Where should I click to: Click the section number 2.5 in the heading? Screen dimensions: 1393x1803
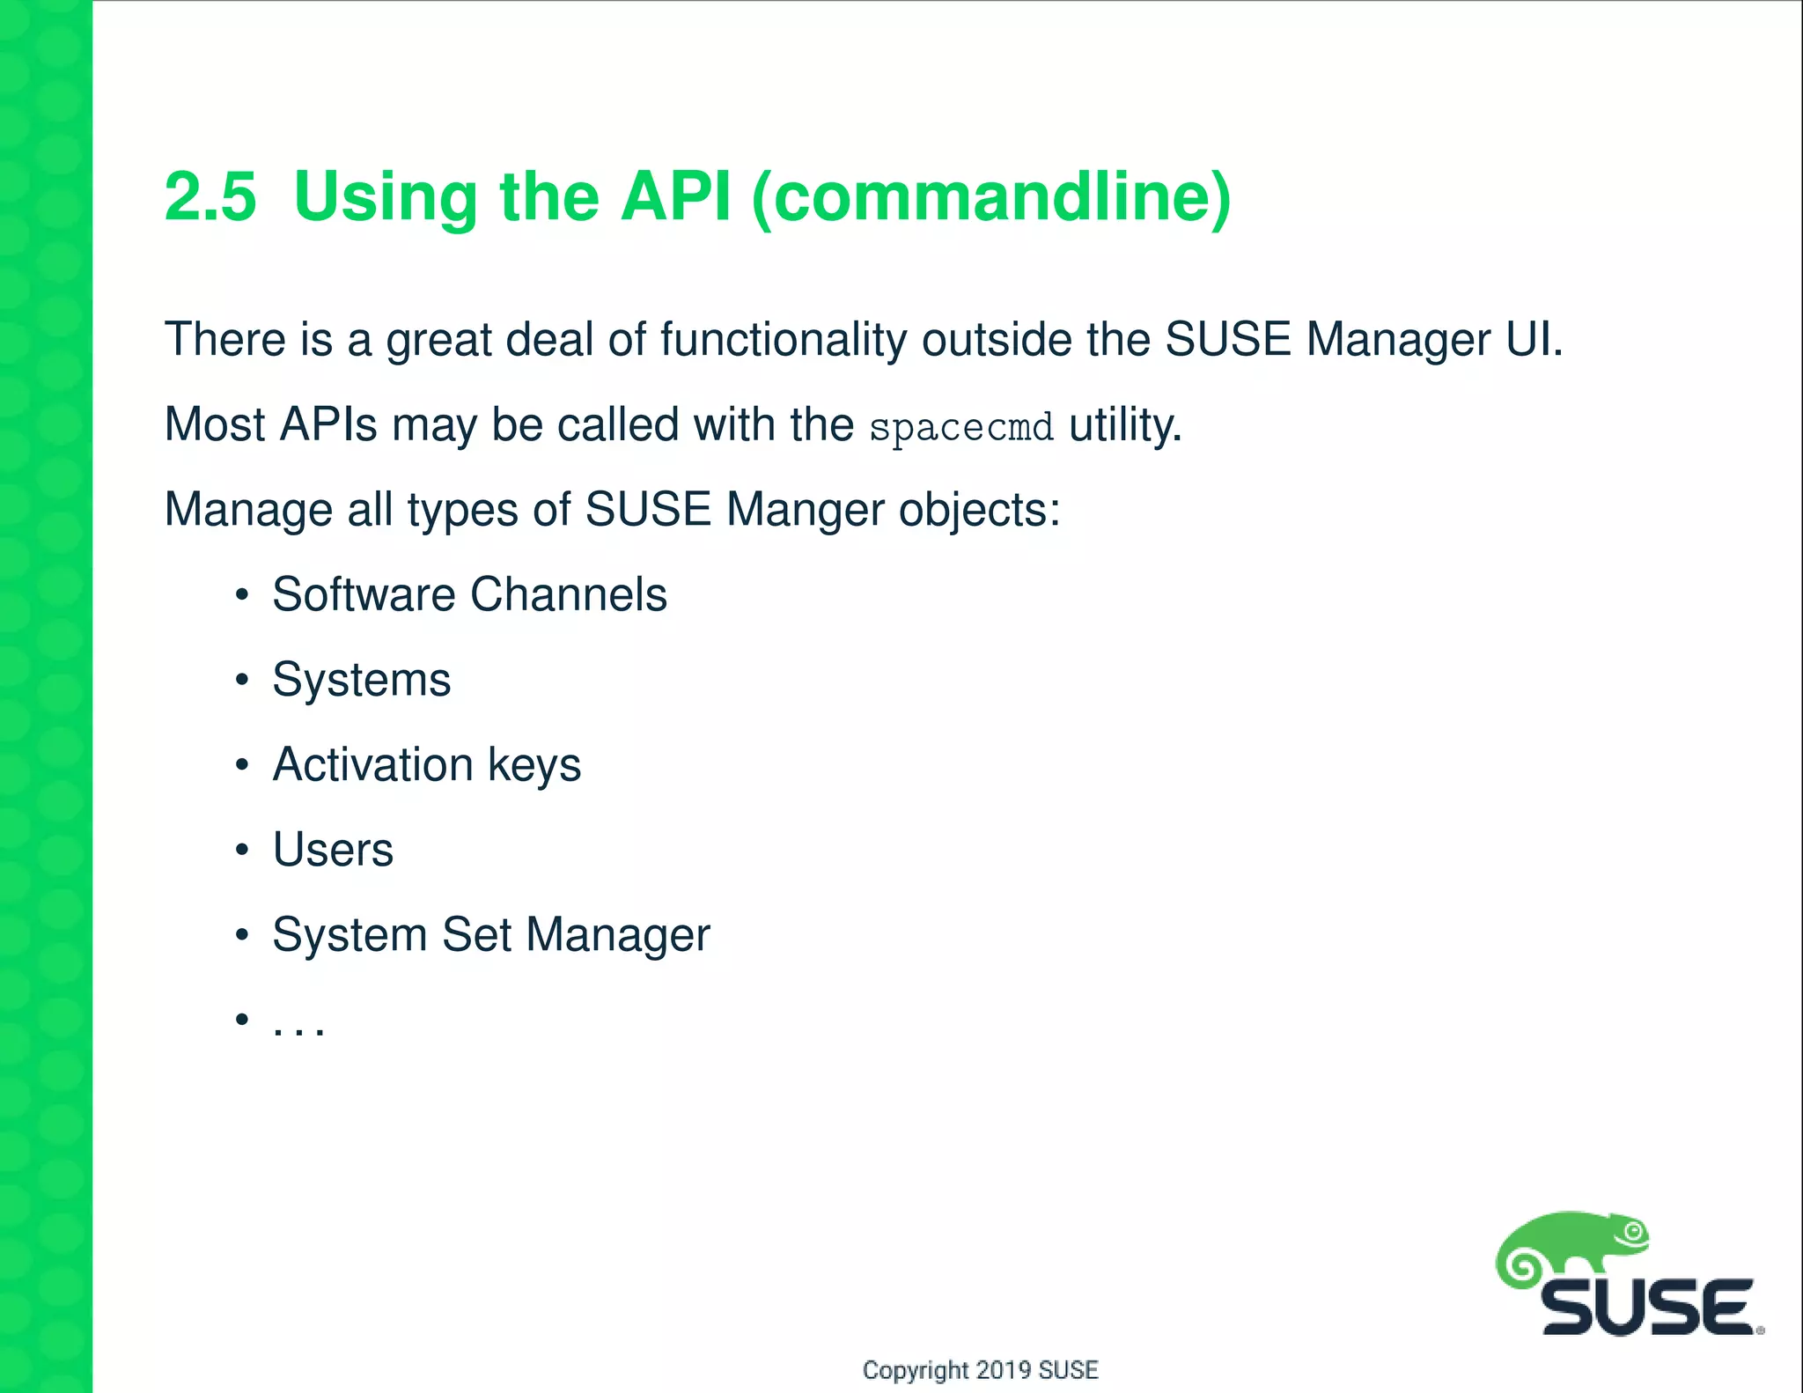point(210,196)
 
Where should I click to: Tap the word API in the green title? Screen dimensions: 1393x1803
point(675,196)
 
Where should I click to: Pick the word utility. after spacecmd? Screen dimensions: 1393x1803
point(1124,425)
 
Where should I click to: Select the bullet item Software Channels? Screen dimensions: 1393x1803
point(469,594)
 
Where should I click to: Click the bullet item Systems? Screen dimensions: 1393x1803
point(361,680)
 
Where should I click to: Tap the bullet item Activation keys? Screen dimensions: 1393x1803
point(426,764)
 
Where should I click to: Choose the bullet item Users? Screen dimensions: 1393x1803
point(333,850)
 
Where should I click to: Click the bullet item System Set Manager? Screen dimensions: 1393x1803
point(490,934)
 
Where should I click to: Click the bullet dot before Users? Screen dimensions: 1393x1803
point(242,850)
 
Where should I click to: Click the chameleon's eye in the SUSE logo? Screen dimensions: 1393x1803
point(1634,1232)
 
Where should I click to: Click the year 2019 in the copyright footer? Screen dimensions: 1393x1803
point(1004,1370)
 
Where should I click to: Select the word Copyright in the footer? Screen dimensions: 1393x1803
point(915,1370)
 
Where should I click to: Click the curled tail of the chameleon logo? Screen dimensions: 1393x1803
point(1523,1268)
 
